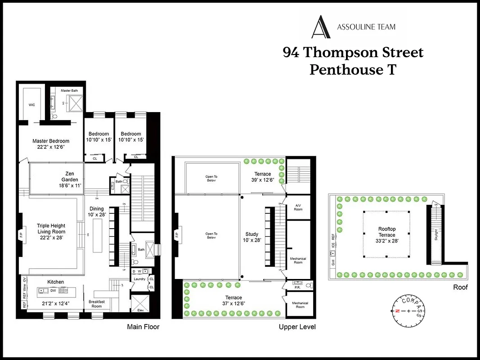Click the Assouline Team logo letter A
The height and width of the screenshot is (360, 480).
coord(321,27)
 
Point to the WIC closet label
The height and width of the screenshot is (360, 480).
coord(31,105)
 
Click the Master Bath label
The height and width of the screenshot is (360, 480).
coord(69,90)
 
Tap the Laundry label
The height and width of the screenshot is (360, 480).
coord(139,279)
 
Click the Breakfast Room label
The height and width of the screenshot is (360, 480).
coord(97,304)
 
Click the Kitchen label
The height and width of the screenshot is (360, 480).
coord(56,282)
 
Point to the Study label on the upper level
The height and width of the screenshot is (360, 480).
coord(252,234)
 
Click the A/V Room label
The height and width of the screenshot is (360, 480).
coord(298,207)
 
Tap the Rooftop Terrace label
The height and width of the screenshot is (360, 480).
coord(386,232)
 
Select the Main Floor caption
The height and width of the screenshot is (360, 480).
coord(143,327)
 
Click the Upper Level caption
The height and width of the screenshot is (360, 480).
coord(297,327)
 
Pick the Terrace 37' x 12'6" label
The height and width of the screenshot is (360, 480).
coord(233,301)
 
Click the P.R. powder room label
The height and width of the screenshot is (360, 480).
coord(297,287)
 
